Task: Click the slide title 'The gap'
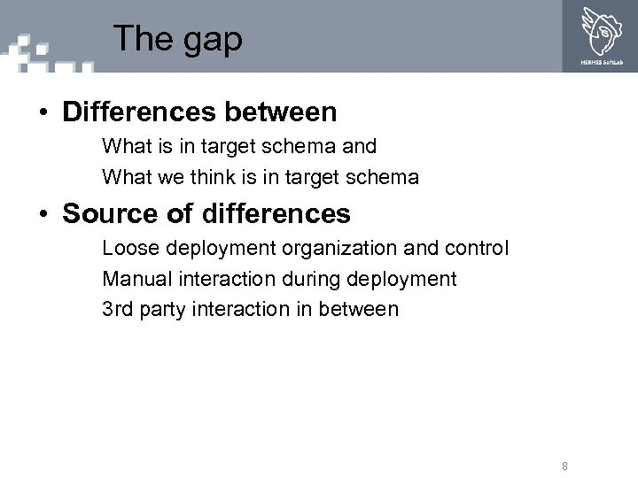tap(177, 39)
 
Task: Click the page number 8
tap(564, 466)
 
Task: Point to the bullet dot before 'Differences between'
tap(42, 113)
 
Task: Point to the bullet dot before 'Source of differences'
tap(42, 214)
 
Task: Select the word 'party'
tap(166, 310)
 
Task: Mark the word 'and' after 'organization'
tap(422, 248)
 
